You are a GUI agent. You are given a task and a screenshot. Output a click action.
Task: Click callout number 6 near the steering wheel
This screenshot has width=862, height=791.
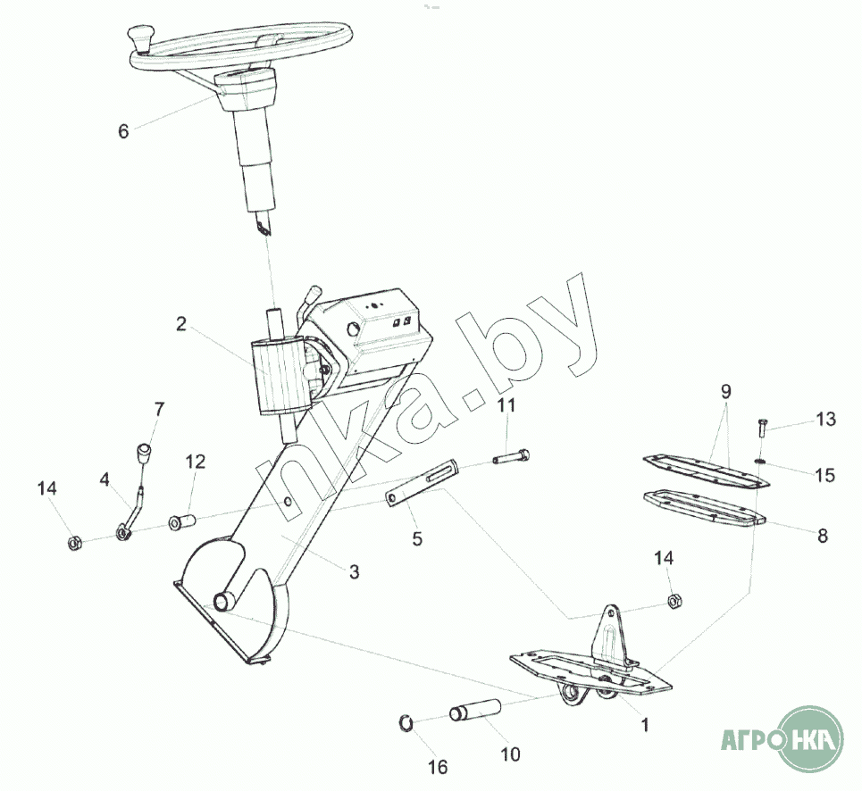coord(123,131)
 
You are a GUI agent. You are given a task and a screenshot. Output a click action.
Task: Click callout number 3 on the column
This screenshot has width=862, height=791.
coord(354,572)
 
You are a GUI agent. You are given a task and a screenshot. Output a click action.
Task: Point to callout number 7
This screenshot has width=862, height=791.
coord(159,411)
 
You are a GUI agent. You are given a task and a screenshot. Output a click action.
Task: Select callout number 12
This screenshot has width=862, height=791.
coord(196,462)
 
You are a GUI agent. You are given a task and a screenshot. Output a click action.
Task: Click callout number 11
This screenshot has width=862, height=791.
coord(506,406)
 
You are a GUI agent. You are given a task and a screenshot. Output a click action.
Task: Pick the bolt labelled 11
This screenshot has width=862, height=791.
coord(511,459)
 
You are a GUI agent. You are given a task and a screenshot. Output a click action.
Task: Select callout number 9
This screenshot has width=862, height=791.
coord(725,391)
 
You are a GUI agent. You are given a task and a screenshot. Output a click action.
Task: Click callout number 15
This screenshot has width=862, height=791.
coord(824,474)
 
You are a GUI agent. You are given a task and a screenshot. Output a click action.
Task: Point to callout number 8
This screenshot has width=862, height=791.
coord(823,536)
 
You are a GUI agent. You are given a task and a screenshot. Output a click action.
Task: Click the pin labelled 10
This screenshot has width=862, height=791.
coord(475,713)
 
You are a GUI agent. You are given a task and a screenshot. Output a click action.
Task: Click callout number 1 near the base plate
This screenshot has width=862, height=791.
coord(645,725)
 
